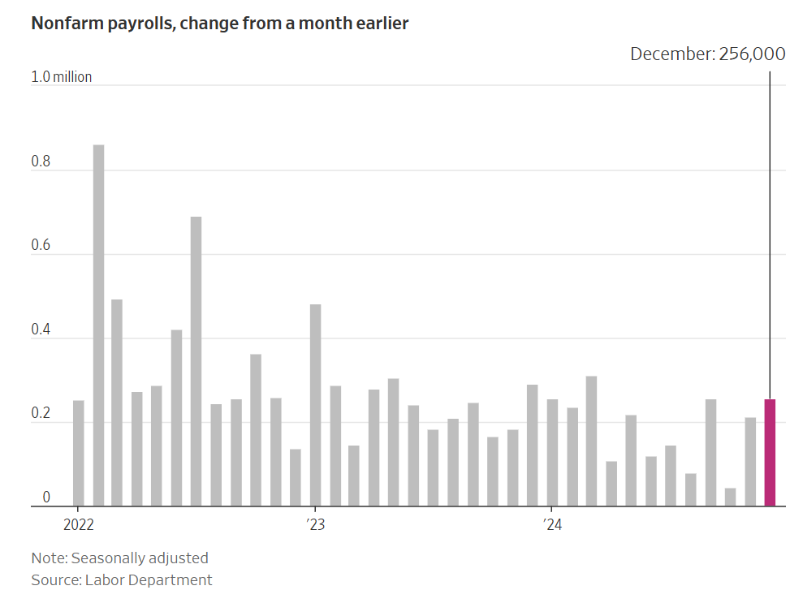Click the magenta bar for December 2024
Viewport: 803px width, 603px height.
pyautogui.click(x=770, y=453)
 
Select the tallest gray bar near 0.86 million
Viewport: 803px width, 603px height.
pyautogui.click(x=98, y=325)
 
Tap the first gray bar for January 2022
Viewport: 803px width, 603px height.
pyautogui.click(x=79, y=453)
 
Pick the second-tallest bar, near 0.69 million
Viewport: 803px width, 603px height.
pyautogui.click(x=196, y=361)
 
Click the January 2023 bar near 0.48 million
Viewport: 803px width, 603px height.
pyautogui.click(x=315, y=405)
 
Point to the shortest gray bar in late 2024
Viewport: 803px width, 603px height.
pyautogui.click(x=730, y=497)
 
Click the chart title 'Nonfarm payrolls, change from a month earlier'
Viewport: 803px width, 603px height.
pyautogui.click(x=219, y=24)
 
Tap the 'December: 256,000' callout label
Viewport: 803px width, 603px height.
pyautogui.click(x=707, y=54)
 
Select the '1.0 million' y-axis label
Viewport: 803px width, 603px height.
pyautogui.click(x=62, y=77)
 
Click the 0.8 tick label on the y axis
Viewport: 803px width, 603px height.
pyautogui.click(x=41, y=162)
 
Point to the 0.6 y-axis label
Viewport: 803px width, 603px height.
pyautogui.click(x=41, y=246)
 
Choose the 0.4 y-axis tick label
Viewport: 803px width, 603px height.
pyautogui.click(x=41, y=330)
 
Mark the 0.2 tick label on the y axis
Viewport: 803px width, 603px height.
pyautogui.click(x=41, y=414)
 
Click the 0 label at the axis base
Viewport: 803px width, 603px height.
pyautogui.click(x=46, y=497)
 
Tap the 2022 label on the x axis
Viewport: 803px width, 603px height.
pyautogui.click(x=79, y=524)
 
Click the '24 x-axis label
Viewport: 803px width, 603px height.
pyautogui.click(x=552, y=524)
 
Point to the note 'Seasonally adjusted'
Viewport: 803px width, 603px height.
pyautogui.click(x=119, y=558)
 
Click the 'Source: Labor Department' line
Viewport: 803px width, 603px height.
pyautogui.click(x=122, y=579)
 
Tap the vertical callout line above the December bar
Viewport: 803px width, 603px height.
pyautogui.click(x=770, y=235)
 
